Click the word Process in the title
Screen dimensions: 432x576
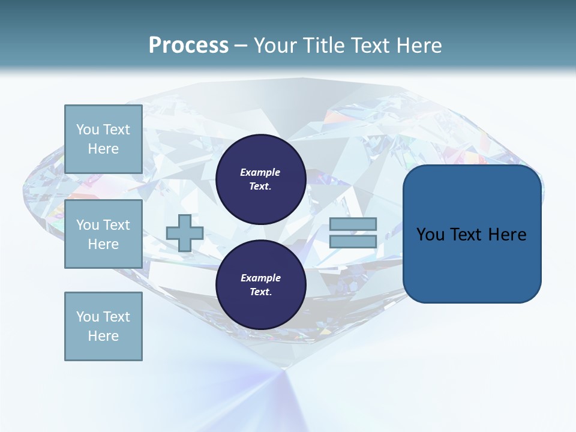coord(188,46)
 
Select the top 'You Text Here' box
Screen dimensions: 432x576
coord(103,139)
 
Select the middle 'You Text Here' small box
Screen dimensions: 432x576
coord(103,234)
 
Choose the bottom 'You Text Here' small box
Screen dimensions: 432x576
coord(103,326)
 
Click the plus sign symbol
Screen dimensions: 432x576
coord(185,233)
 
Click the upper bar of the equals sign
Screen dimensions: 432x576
coord(353,224)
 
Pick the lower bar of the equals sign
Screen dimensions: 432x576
coord(353,241)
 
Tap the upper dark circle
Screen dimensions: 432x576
coord(260,179)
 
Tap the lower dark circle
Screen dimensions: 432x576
coord(260,285)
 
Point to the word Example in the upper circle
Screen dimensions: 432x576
coord(260,172)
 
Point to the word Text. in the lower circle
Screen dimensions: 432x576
coord(260,292)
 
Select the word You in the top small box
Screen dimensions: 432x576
coord(87,130)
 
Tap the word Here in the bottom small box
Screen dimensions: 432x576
coord(103,336)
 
